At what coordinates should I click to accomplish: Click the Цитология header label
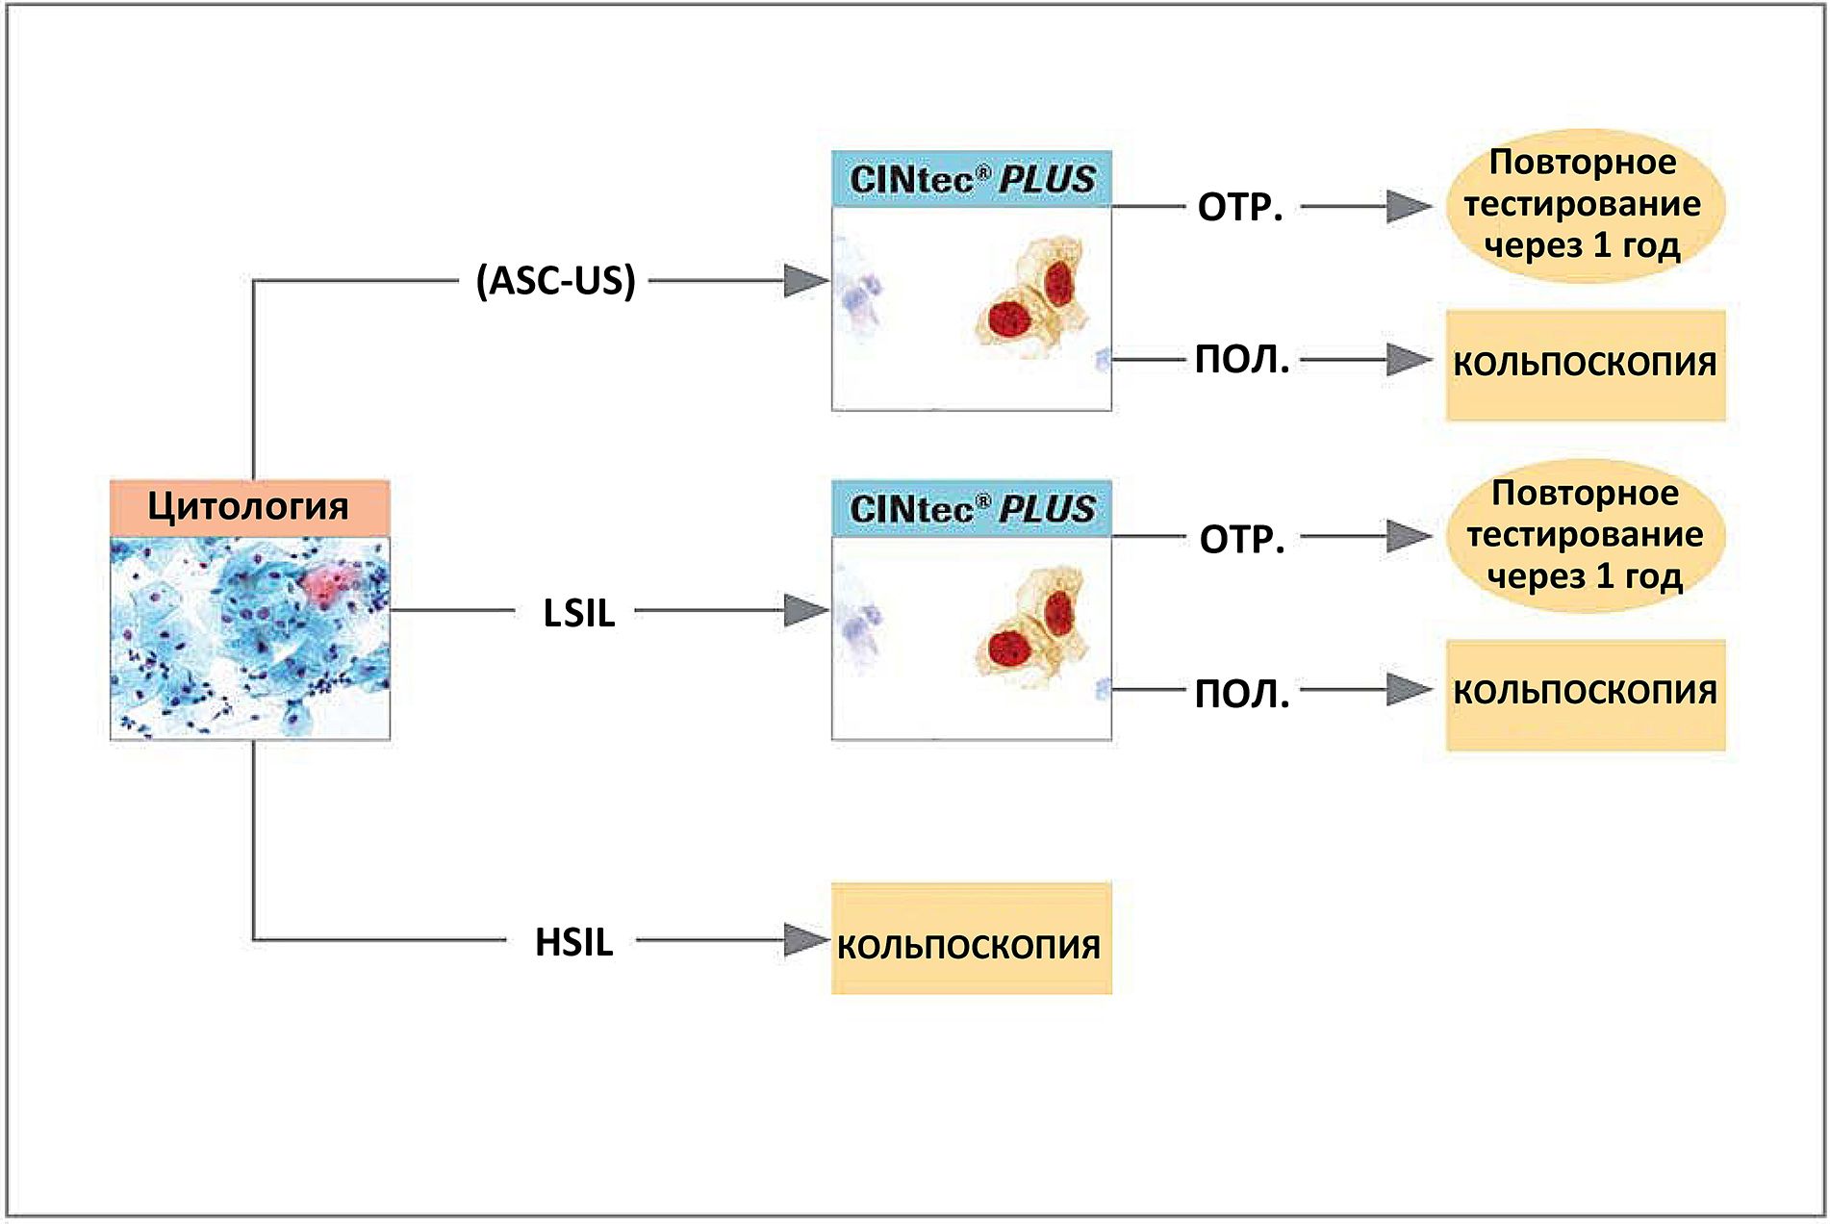tap(248, 507)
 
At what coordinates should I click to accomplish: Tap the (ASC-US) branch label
tap(556, 281)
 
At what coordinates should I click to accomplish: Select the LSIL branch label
tap(578, 613)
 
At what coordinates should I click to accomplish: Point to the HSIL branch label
tap(573, 942)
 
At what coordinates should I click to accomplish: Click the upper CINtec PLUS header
tap(972, 179)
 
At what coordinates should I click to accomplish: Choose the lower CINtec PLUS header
tap(972, 509)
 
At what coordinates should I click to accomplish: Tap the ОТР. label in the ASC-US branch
tap(1240, 208)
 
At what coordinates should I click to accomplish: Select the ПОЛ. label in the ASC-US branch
tap(1242, 360)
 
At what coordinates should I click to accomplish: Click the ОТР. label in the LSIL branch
tap(1242, 540)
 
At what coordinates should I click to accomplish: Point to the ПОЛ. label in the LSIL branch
tap(1242, 694)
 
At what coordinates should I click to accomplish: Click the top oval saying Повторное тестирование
tap(1584, 204)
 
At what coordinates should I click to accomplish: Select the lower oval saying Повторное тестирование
tap(1585, 535)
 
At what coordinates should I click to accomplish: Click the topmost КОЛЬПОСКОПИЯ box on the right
tap(1585, 365)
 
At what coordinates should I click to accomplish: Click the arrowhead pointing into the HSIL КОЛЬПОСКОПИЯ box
tap(804, 940)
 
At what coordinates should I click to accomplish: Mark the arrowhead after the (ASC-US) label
tap(804, 281)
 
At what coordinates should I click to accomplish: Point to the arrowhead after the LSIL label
tap(804, 610)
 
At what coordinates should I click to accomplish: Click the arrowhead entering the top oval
tap(1408, 206)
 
